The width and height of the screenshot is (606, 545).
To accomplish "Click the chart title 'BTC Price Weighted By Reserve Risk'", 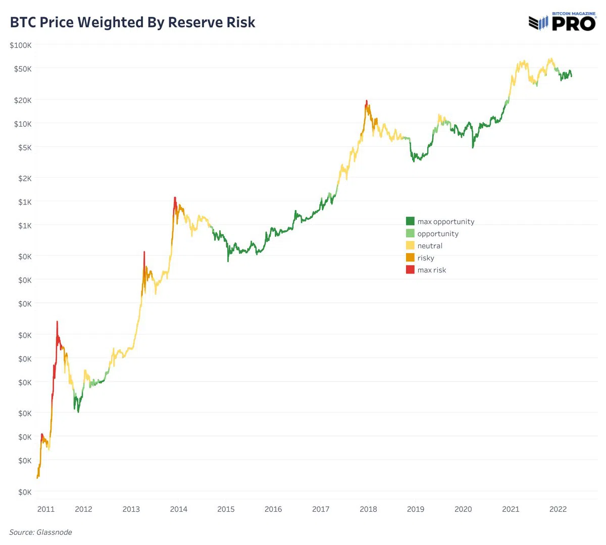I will tap(133, 23).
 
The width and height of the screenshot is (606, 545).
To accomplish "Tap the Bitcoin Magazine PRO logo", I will tap(562, 23).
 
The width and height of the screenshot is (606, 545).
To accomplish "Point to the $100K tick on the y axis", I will tap(21, 45).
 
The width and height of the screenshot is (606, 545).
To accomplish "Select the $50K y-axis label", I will tap(23, 69).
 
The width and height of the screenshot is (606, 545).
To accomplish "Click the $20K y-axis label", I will tap(23, 100).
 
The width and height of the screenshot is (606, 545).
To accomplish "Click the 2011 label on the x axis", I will tap(46, 509).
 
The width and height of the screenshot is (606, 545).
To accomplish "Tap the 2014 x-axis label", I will tap(179, 509).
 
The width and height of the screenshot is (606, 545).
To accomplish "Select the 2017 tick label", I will tap(321, 509).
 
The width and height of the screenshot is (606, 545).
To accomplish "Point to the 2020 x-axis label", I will tap(463, 509).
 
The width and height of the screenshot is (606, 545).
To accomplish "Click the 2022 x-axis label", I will tap(558, 509).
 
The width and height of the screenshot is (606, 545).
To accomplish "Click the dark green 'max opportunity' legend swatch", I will tap(410, 221).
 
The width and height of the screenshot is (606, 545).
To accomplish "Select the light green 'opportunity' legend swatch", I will tap(410, 233).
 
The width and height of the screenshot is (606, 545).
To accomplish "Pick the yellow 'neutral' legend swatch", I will tap(410, 245).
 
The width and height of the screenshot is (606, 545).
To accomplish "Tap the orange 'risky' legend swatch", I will tap(410, 257).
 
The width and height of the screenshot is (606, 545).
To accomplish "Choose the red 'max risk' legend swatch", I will tap(410, 269).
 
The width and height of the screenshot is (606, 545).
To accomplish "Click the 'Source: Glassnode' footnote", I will tap(41, 532).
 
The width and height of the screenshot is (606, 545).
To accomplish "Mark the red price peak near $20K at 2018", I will tap(367, 102).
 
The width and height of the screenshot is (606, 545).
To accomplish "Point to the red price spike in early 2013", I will tap(144, 254).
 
